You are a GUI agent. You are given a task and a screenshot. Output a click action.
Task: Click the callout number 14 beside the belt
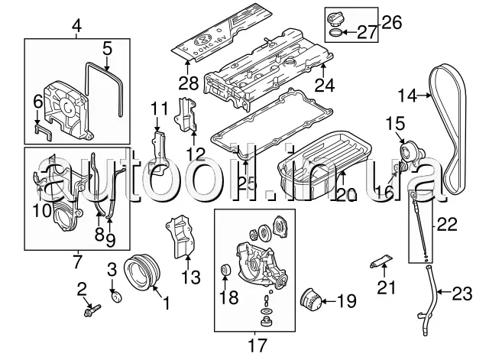[x=407, y=96]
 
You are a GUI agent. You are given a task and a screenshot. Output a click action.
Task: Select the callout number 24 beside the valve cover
[x=325, y=86]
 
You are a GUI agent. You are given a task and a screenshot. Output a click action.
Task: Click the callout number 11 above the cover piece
[x=158, y=106]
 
